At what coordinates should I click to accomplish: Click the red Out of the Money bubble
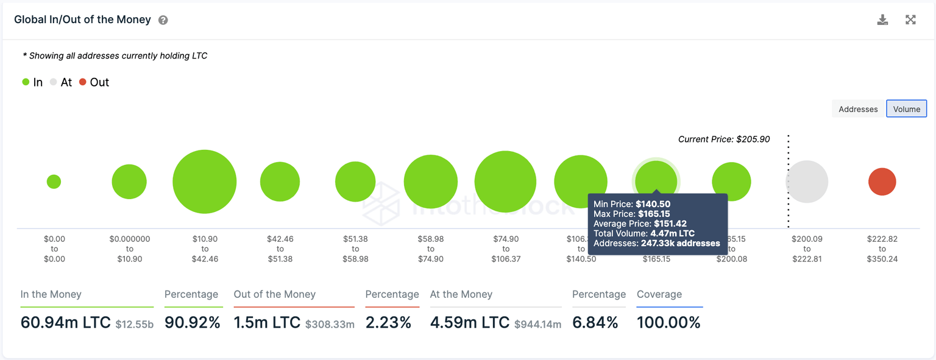[x=882, y=182]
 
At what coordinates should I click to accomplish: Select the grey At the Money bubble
[x=807, y=182]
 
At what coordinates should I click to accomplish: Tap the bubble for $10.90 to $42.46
[x=205, y=182]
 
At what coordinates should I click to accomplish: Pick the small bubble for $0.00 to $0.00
[x=54, y=182]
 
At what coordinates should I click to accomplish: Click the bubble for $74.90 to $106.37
[x=505, y=182]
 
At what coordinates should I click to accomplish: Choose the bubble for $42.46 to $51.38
[x=280, y=182]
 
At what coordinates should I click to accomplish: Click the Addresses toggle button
[x=858, y=109]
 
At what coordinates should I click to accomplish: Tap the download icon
[x=882, y=20]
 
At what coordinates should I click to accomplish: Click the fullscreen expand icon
[x=910, y=20]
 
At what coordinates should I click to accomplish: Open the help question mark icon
[x=163, y=20]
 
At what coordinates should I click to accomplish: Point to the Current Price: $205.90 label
[x=724, y=139]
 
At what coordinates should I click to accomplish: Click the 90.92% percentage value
[x=192, y=322]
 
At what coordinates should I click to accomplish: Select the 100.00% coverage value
[x=668, y=322]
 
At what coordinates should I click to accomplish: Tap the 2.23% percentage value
[x=388, y=322]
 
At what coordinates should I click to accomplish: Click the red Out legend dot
[x=83, y=82]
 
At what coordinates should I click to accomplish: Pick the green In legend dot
[x=26, y=82]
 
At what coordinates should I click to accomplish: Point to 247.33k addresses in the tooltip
[x=680, y=243]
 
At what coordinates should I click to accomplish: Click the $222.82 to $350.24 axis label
[x=882, y=249]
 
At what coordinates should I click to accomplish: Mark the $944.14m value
[x=537, y=324]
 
